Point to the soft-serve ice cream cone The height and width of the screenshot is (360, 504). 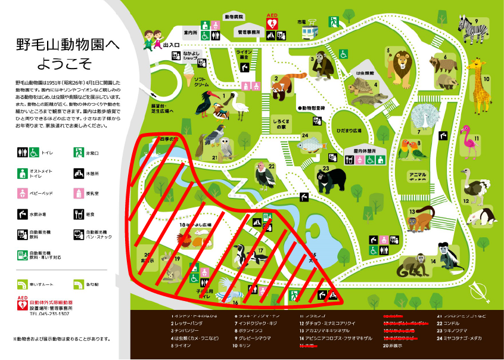pos(188,73)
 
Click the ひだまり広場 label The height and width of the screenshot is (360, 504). pos(349,130)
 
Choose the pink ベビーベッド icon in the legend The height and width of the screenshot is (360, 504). pos(23,193)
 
